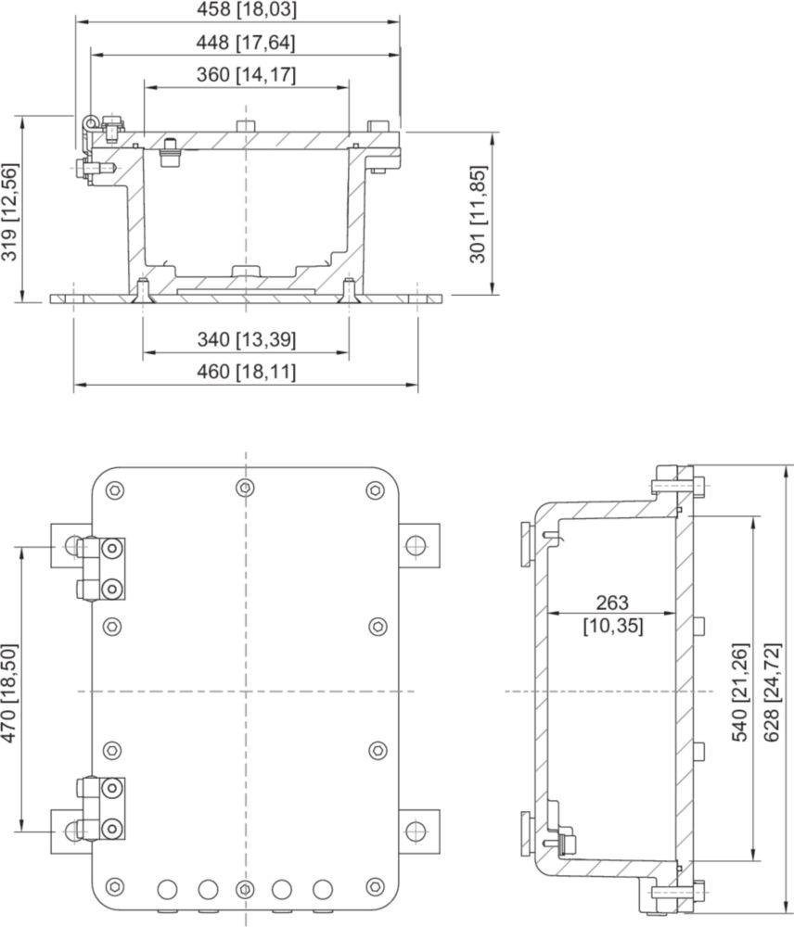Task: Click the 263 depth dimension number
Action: coord(612,603)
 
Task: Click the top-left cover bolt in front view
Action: coord(115,490)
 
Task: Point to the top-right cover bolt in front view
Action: coord(375,490)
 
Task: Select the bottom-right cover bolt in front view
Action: coord(375,886)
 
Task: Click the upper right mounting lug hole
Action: coord(416,545)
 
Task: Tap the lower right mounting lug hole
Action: coord(416,832)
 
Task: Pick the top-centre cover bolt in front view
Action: coord(245,488)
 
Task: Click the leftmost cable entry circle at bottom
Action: coord(167,889)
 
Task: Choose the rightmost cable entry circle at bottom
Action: coord(323,889)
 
